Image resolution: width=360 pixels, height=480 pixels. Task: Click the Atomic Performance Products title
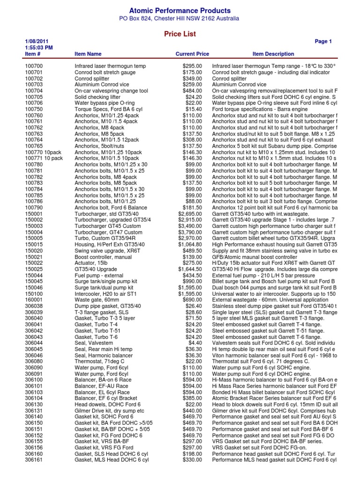point(180,10)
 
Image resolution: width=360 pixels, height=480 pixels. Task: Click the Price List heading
point(180,34)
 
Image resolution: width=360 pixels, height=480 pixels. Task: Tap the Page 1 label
point(323,42)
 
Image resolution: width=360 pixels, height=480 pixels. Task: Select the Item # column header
point(33,54)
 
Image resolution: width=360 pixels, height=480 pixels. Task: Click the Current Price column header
point(192,54)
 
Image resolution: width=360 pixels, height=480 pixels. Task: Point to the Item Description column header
point(273,54)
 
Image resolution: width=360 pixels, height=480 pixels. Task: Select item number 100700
point(34,67)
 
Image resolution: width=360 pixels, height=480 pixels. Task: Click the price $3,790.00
point(190,232)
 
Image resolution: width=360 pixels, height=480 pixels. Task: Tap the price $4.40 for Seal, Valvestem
point(195,343)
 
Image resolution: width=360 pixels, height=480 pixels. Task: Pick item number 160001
point(34,299)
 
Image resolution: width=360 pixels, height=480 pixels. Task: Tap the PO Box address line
point(180,19)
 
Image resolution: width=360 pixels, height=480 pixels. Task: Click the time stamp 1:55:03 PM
point(39,48)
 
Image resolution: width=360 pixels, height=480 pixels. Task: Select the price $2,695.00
point(190,214)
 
